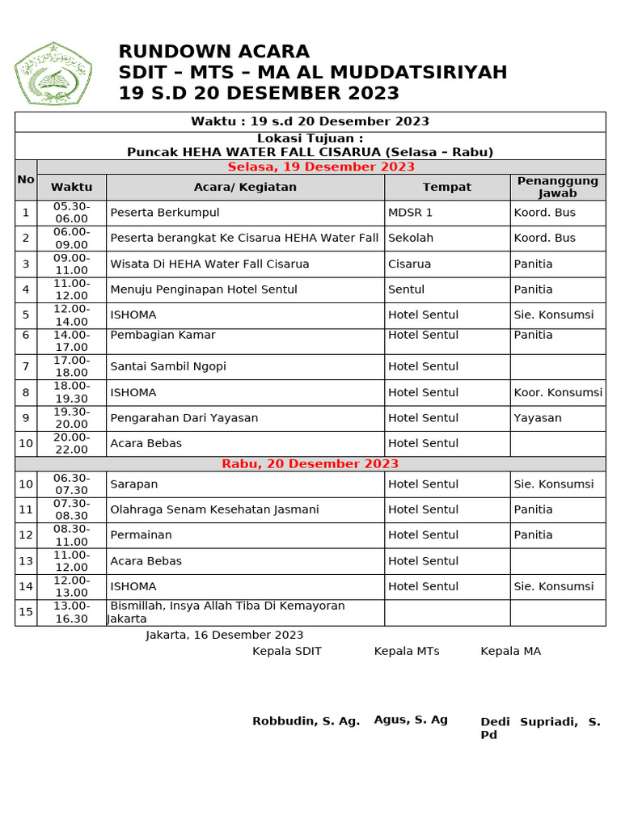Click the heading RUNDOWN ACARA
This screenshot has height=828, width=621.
point(213,52)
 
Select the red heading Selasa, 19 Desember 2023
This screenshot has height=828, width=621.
point(320,167)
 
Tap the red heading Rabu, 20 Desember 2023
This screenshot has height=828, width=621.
point(310,463)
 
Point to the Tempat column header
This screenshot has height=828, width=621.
point(446,187)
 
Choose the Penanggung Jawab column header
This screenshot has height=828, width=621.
point(557,187)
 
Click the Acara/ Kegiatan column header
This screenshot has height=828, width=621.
point(245,187)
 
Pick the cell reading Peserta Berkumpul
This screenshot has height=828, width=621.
point(165,213)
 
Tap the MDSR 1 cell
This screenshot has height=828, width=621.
point(410,213)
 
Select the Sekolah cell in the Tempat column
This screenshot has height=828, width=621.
point(411,238)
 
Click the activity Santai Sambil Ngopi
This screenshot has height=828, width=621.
point(167,366)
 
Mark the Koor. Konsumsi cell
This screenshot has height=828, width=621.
point(557,392)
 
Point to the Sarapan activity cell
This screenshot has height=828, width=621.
point(133,484)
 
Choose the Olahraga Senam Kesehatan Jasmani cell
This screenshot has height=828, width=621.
point(214,509)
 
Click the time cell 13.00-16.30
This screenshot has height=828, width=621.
point(71,612)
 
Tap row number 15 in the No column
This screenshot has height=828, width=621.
point(26,612)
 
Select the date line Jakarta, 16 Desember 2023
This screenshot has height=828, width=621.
point(225,635)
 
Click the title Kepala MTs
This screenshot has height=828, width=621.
point(406,651)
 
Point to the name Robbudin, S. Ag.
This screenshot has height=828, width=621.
point(306,721)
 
